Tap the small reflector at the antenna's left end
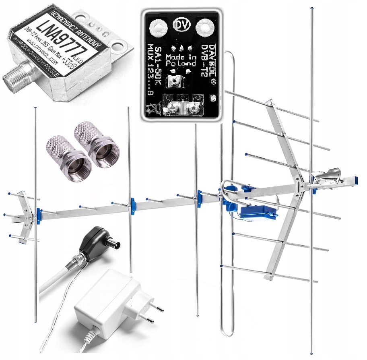click(24, 215)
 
